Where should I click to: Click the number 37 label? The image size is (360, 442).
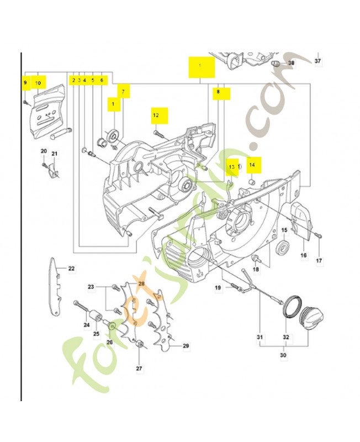[317, 60]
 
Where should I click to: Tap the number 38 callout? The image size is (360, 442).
[291, 64]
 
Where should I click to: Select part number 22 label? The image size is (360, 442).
[71, 269]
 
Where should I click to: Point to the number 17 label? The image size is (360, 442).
[319, 260]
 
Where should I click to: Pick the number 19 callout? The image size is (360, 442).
[218, 287]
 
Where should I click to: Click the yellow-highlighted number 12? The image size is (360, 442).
[156, 115]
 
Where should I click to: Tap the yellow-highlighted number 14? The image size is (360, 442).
[252, 165]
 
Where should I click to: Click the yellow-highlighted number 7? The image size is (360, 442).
[123, 91]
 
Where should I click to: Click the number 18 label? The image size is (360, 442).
[256, 269]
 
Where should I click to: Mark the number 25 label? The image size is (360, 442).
[96, 334]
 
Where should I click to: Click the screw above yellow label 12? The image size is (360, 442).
[158, 133]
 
